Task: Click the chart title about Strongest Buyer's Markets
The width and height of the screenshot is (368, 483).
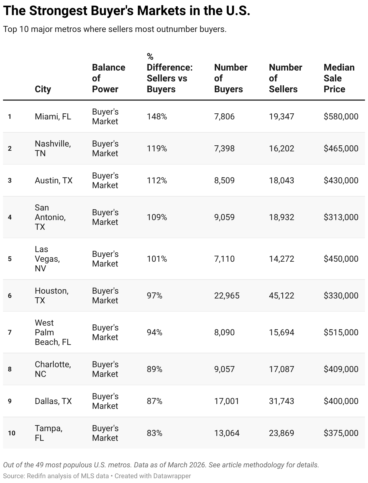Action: pyautogui.click(x=127, y=11)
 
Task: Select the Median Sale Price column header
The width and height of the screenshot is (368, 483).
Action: pyautogui.click(x=339, y=78)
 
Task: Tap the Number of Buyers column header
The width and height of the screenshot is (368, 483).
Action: pyautogui.click(x=230, y=78)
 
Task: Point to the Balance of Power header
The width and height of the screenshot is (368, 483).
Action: pyautogui.click(x=108, y=78)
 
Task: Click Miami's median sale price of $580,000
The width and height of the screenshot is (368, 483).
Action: pyautogui.click(x=341, y=117)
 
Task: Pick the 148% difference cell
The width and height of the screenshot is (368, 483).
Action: pyautogui.click(x=157, y=117)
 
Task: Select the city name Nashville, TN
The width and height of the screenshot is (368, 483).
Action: pyautogui.click(x=53, y=148)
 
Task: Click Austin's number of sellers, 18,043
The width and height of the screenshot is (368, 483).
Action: pyautogui.click(x=281, y=181)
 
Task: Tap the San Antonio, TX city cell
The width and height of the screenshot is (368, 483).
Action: pyautogui.click(x=50, y=217)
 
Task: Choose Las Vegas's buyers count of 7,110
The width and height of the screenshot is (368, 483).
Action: pyautogui.click(x=224, y=259)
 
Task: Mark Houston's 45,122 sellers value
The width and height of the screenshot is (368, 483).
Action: pyautogui.click(x=281, y=296)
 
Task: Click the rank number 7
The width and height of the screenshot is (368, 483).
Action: pyautogui.click(x=10, y=333)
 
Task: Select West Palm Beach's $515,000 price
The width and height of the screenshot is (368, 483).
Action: pyautogui.click(x=341, y=333)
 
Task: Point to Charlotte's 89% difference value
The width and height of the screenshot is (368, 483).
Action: pyautogui.click(x=154, y=369)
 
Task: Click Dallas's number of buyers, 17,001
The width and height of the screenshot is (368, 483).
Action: pyautogui.click(x=227, y=401)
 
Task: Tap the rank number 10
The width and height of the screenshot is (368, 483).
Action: pyautogui.click(x=11, y=433)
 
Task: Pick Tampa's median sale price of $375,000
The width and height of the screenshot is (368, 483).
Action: pyautogui.click(x=341, y=433)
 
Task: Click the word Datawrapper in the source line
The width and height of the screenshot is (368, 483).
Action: pyautogui.click(x=172, y=476)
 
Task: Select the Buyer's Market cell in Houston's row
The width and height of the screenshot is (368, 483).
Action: pyautogui.click(x=105, y=296)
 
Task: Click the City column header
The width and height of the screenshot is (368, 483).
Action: pyautogui.click(x=43, y=89)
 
